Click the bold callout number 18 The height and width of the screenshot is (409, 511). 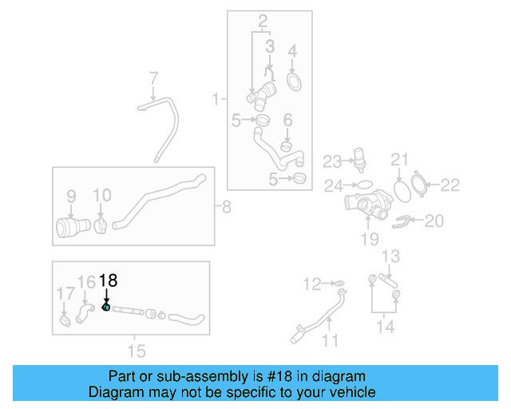click(x=108, y=280)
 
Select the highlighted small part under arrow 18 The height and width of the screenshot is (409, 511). click(x=106, y=308)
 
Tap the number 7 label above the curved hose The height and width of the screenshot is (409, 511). click(x=153, y=78)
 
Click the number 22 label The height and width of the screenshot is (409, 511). click(x=451, y=185)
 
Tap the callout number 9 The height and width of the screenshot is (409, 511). click(x=70, y=195)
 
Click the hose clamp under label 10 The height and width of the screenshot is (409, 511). click(x=101, y=224)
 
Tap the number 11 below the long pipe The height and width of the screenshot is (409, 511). click(x=330, y=341)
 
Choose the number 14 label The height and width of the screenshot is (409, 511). click(x=385, y=326)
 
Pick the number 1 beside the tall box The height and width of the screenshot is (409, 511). click(x=215, y=99)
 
